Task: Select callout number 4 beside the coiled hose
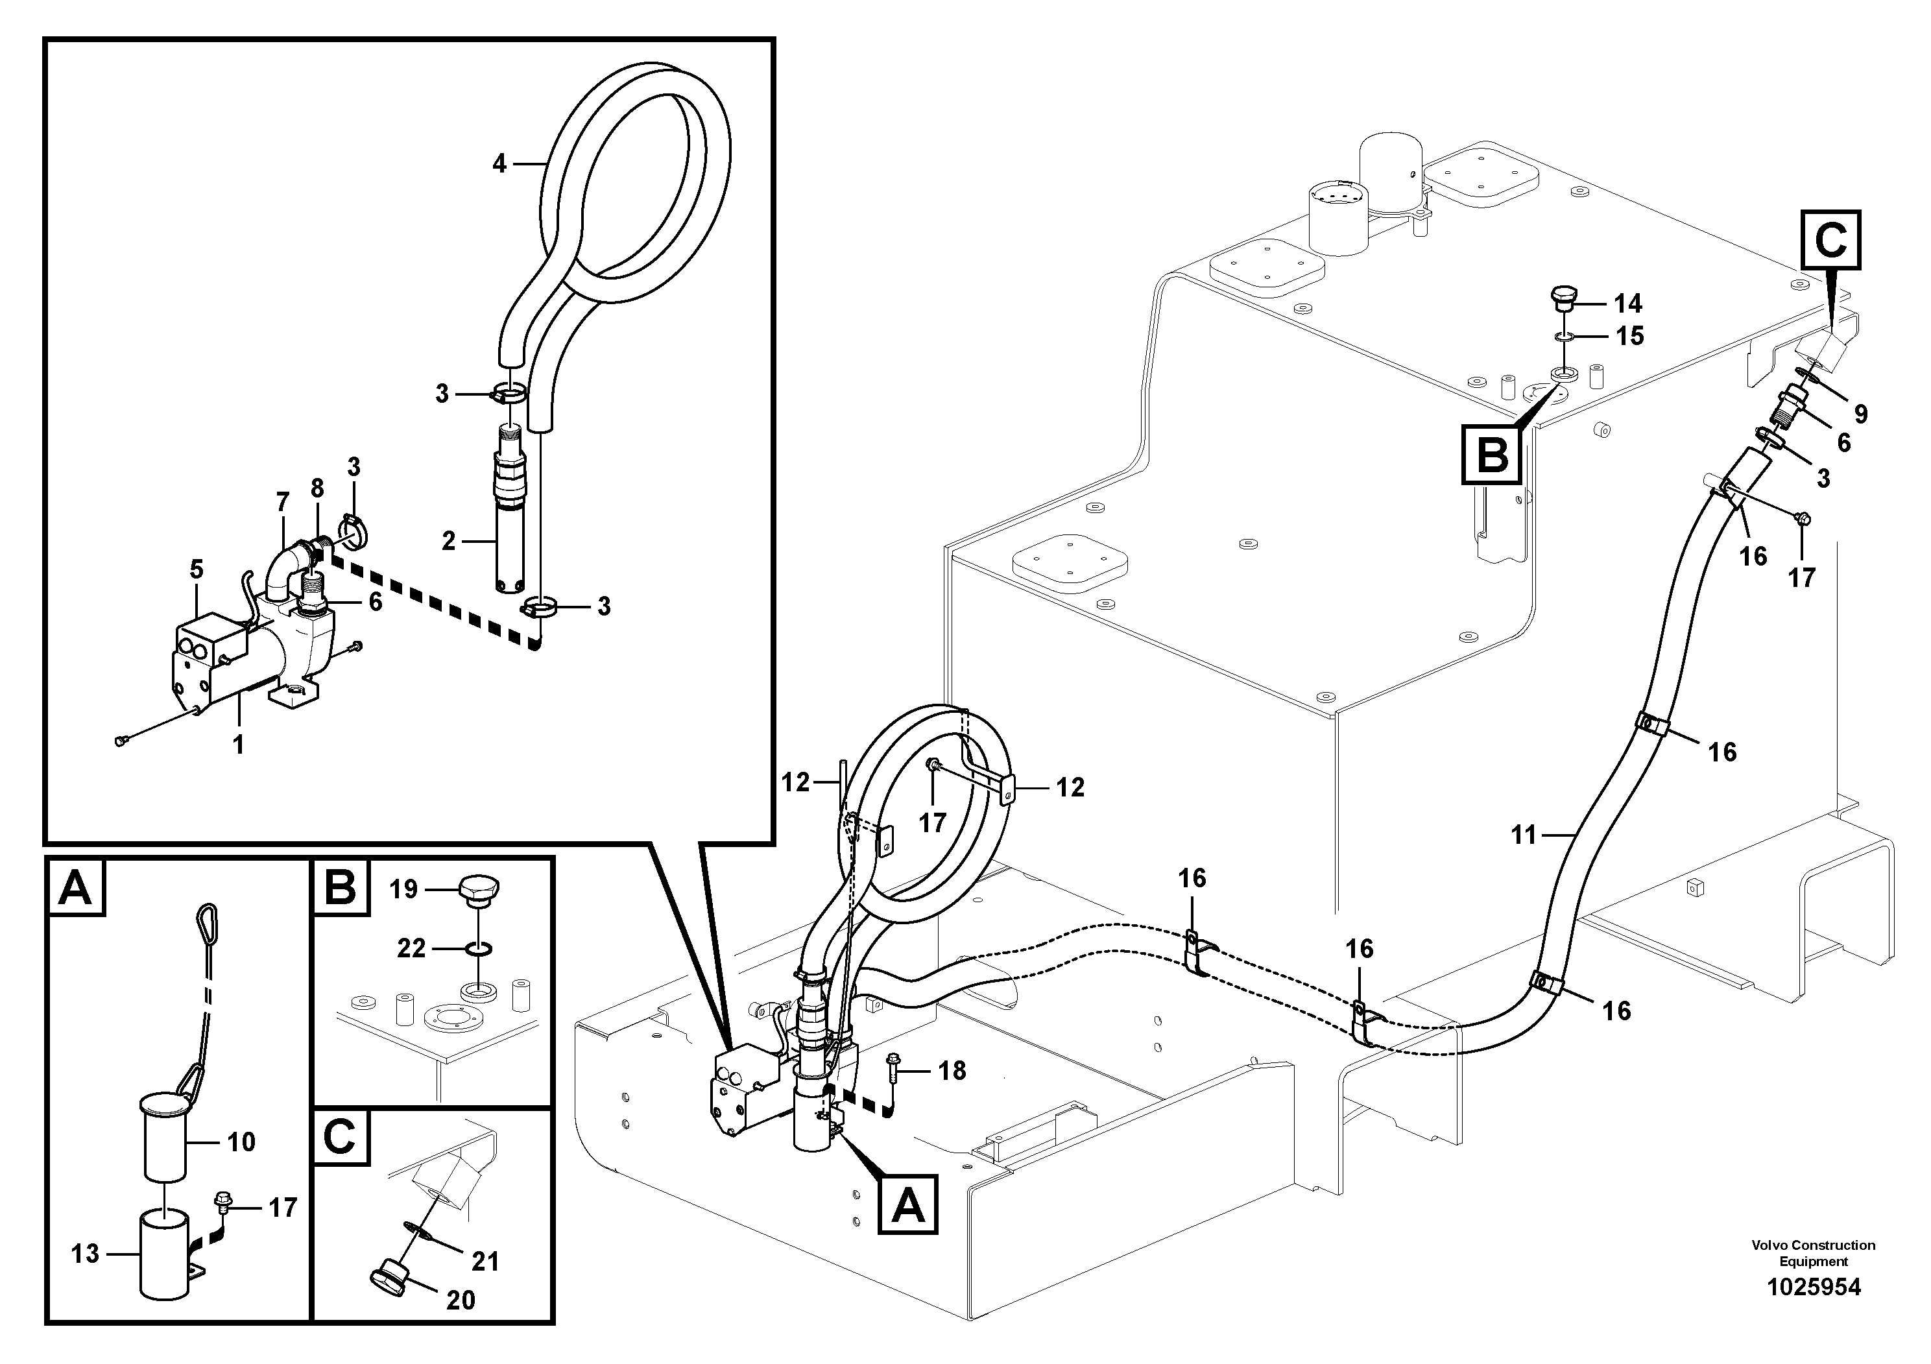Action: (x=499, y=164)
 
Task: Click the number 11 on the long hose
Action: (x=1523, y=835)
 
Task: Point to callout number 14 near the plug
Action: (x=1628, y=304)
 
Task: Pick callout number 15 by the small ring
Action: (x=1630, y=337)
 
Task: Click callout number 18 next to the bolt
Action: (x=952, y=1071)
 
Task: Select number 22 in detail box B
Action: (x=411, y=949)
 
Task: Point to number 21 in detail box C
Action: (x=485, y=1262)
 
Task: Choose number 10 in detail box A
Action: (x=241, y=1142)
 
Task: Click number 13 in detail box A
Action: (x=85, y=1254)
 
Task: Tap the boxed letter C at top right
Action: (x=1830, y=241)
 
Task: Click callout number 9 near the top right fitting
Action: (x=1860, y=414)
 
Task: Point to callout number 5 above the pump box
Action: (x=196, y=569)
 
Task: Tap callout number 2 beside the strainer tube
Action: (x=448, y=542)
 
